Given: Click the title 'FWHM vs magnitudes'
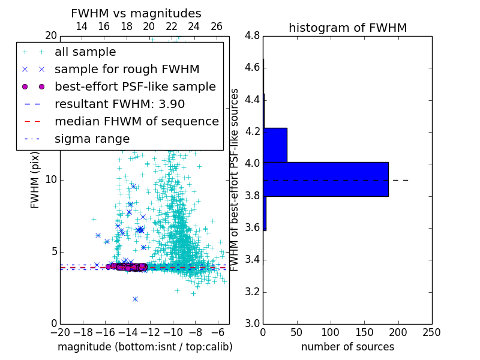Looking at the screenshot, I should (136, 13).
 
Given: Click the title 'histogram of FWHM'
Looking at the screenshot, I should (347, 28).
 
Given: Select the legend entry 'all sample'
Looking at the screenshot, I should (85, 52).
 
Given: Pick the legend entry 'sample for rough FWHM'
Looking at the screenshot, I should (127, 70).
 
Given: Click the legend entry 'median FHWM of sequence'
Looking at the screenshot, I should (136, 122).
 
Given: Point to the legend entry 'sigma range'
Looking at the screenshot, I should (92, 139).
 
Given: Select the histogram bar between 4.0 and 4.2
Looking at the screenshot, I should (275, 145).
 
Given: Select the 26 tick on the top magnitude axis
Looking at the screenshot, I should (217, 27).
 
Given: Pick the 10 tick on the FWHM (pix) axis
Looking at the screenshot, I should (50, 180).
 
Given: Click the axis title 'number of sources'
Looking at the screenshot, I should (347, 347).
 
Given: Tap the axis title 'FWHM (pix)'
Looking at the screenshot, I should (35, 180).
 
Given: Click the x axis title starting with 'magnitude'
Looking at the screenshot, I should (145, 347).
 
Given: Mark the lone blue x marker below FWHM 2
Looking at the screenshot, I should (135, 299).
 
